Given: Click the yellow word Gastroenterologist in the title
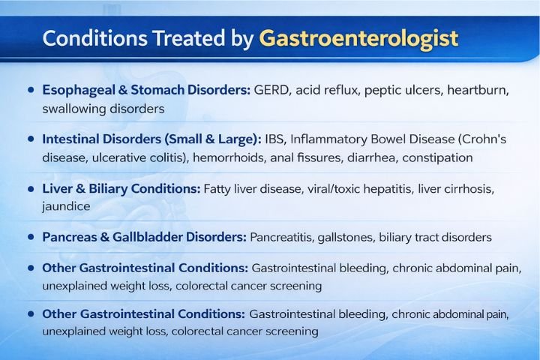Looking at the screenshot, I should point(358,38).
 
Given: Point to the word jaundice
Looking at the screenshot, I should point(66,206).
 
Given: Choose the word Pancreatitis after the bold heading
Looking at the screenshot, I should point(283,237).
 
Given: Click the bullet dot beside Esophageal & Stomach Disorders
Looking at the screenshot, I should point(31,90).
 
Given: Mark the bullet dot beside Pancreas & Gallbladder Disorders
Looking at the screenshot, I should point(31,237).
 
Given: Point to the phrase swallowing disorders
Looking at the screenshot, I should point(103,108).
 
